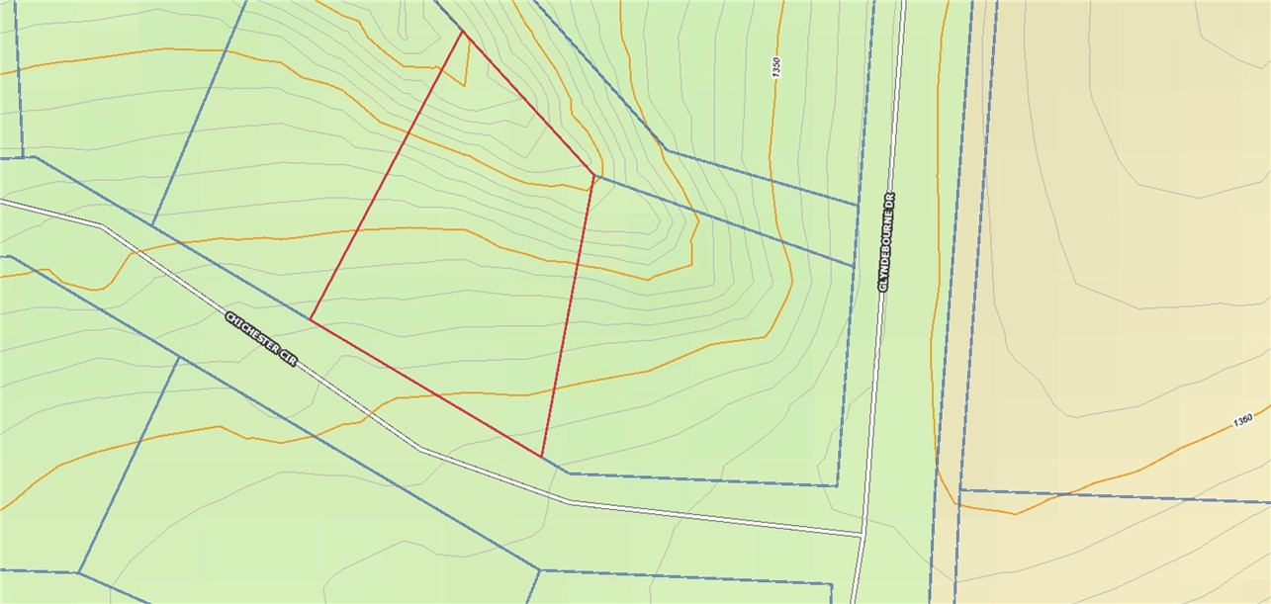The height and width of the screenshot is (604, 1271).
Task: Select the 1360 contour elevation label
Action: click(1243, 419)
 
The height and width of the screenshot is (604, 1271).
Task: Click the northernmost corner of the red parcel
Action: click(463, 32)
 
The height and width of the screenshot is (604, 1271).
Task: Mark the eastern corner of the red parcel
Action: click(593, 176)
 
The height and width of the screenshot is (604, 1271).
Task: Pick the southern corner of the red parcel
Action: click(542, 457)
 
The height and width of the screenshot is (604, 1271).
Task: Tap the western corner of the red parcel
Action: click(311, 319)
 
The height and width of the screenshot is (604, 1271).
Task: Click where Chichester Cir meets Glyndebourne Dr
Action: click(862, 535)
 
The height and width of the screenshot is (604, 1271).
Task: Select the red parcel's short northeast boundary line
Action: click(528, 104)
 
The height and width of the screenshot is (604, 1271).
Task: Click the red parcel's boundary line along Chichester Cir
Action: click(425, 388)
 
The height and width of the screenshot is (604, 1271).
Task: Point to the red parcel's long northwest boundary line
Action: click(387, 176)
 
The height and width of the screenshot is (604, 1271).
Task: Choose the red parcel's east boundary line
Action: click(568, 316)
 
